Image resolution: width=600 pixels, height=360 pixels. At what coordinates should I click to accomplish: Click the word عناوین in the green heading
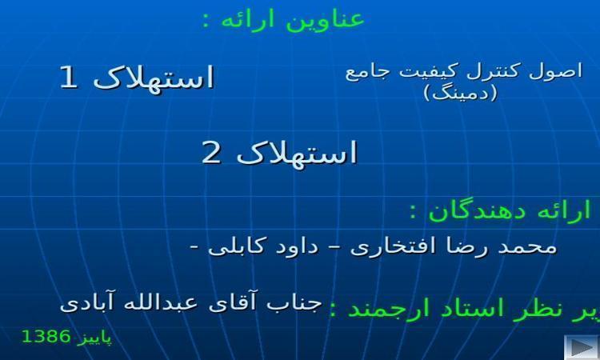pos(326,19)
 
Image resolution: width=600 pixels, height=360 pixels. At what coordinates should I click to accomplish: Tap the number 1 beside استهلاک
pos(70,78)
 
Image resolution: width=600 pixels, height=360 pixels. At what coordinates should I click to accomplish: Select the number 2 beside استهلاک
pos(211,153)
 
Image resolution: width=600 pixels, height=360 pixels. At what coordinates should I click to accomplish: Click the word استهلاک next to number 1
pos(154,78)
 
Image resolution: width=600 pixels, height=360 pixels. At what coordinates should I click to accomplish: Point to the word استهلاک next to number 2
pos(297,153)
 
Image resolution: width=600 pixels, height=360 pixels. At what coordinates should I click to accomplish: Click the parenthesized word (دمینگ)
pos(461,93)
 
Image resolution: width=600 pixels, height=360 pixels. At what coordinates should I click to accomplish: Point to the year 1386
pos(46,337)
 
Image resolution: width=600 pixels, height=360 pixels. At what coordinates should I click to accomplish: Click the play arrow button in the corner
pos(581,347)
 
